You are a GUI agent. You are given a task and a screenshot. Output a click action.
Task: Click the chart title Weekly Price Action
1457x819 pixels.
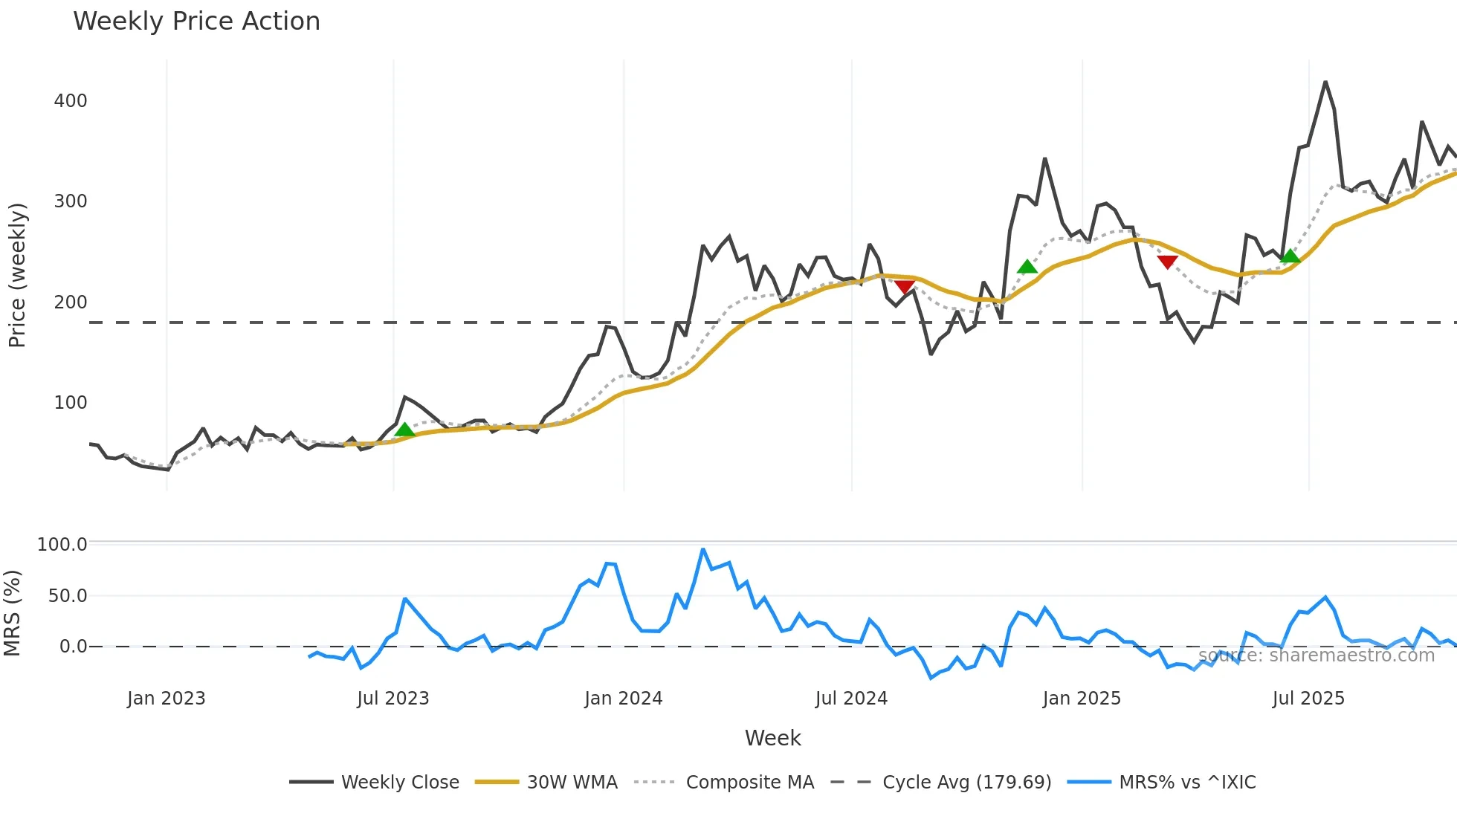click(x=196, y=22)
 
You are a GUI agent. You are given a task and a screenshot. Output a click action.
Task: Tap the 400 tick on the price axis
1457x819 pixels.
click(x=71, y=101)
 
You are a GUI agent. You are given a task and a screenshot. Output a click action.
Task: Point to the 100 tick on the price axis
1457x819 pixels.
click(x=71, y=403)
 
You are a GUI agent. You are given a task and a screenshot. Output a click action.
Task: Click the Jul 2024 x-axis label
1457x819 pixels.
click(x=851, y=699)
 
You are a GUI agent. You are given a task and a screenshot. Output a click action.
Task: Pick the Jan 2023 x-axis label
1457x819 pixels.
click(x=166, y=699)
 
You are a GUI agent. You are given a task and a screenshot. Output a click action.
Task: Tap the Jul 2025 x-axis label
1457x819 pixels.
click(x=1308, y=699)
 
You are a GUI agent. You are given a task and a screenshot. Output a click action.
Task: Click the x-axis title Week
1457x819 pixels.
click(x=772, y=738)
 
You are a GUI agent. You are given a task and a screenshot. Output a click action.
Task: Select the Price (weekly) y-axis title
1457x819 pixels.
click(x=17, y=275)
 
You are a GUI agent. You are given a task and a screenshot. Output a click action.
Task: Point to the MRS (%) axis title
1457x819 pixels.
click(x=13, y=613)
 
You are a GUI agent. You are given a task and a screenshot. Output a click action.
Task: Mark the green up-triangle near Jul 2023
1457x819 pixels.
click(x=404, y=430)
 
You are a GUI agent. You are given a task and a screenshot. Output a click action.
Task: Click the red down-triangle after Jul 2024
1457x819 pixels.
click(x=905, y=287)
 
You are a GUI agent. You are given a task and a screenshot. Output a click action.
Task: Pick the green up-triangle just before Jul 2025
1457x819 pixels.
click(x=1290, y=256)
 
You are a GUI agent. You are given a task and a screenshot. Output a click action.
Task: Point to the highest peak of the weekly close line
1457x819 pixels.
click(x=1325, y=82)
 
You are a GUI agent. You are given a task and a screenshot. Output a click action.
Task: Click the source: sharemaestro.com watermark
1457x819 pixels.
click(x=1316, y=655)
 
